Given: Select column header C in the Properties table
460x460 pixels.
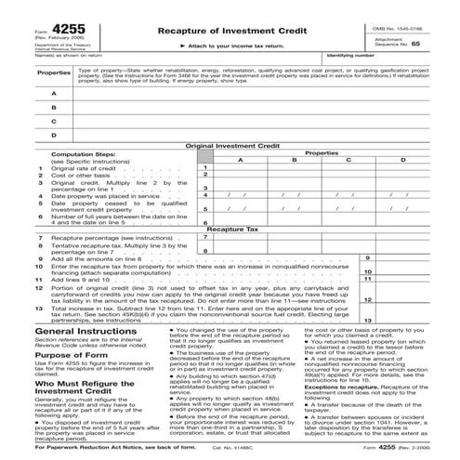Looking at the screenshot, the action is (x=349, y=160).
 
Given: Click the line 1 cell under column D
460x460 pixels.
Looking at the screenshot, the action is (x=402, y=167).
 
